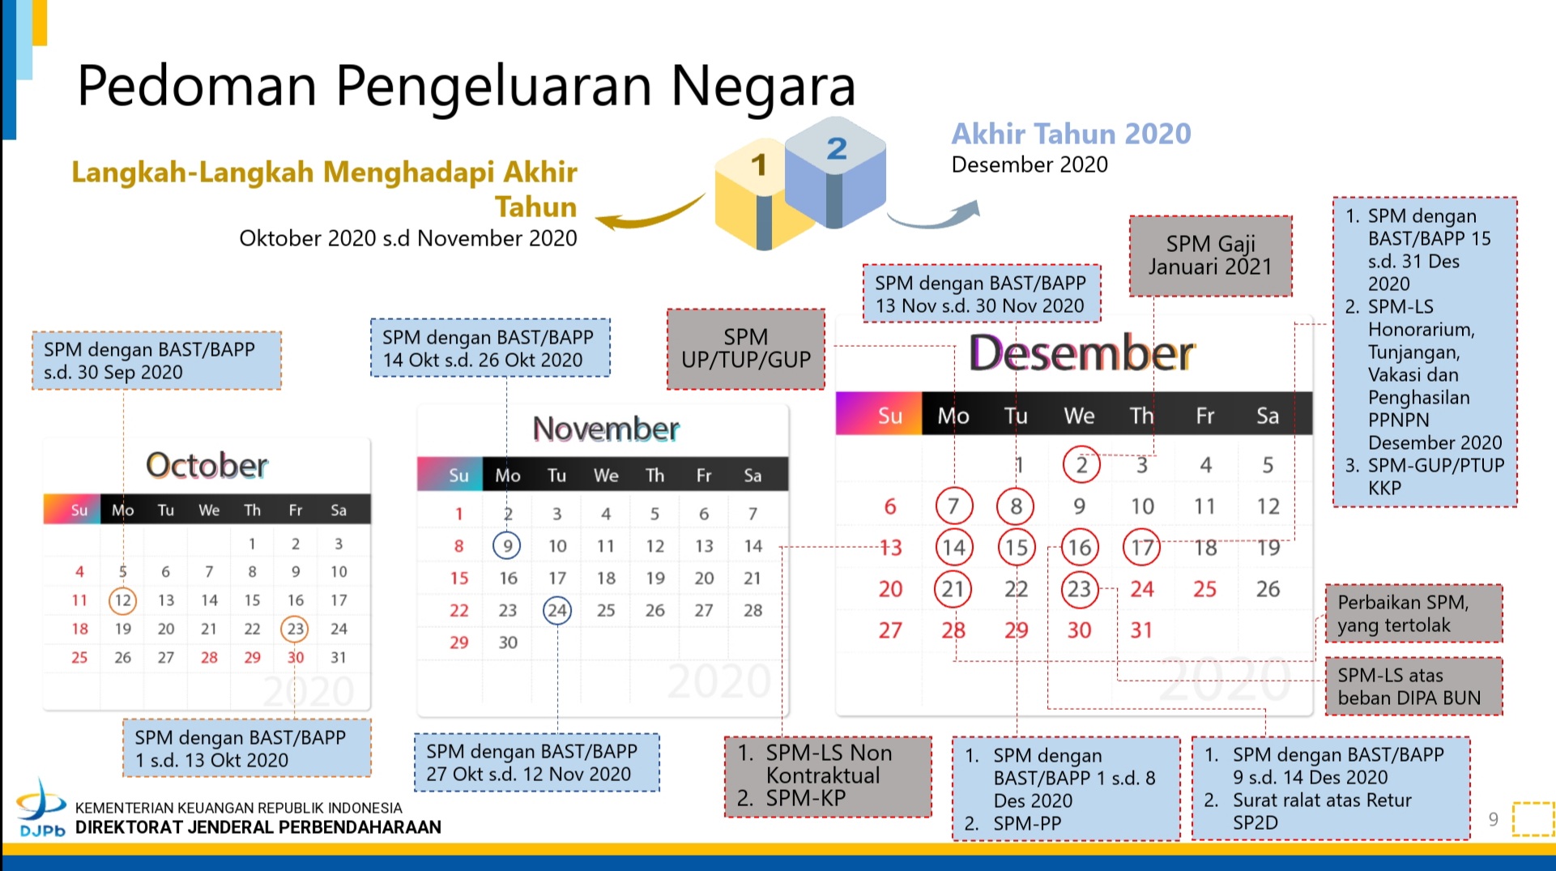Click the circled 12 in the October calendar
pyautogui.click(x=122, y=600)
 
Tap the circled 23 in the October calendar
pyautogui.click(x=295, y=629)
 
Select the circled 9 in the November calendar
pyautogui.click(x=507, y=545)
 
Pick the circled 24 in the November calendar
pyautogui.click(x=557, y=610)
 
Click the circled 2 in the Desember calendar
pyautogui.click(x=1081, y=464)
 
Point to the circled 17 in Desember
pyautogui.click(x=1142, y=548)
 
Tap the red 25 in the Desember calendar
pyautogui.click(x=1204, y=589)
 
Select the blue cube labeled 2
pyautogui.click(x=835, y=172)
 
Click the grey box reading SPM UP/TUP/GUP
pyautogui.click(x=746, y=349)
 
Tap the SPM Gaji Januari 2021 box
pyautogui.click(x=1210, y=255)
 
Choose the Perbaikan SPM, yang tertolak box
pyautogui.click(x=1413, y=613)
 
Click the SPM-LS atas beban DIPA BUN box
pyautogui.click(x=1413, y=686)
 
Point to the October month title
pyautogui.click(x=207, y=465)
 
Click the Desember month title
pyautogui.click(x=1081, y=353)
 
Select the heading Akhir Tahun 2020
pyautogui.click(x=1071, y=134)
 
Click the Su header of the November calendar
pyautogui.click(x=458, y=476)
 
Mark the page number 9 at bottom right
pyautogui.click(x=1494, y=819)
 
